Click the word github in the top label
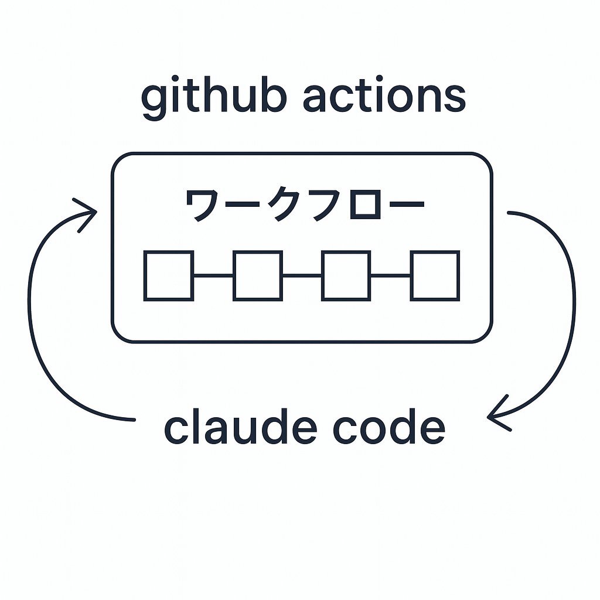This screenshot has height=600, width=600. (x=214, y=97)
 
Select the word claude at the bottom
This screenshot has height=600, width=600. (x=240, y=426)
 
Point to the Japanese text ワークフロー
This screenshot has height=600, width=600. (x=305, y=204)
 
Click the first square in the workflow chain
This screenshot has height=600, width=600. (x=169, y=276)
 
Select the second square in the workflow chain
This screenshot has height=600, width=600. (x=258, y=276)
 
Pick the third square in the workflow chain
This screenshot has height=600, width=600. (x=346, y=276)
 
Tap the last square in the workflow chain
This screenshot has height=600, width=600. (x=435, y=276)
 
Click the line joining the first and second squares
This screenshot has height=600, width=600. (x=213, y=275)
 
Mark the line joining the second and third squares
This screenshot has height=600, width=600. (x=302, y=275)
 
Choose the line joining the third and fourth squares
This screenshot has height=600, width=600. (x=390, y=275)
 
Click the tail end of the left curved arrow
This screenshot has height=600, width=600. (x=134, y=420)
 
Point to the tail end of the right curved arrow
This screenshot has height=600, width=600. (x=509, y=213)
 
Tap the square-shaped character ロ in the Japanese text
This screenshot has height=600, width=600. (x=366, y=204)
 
